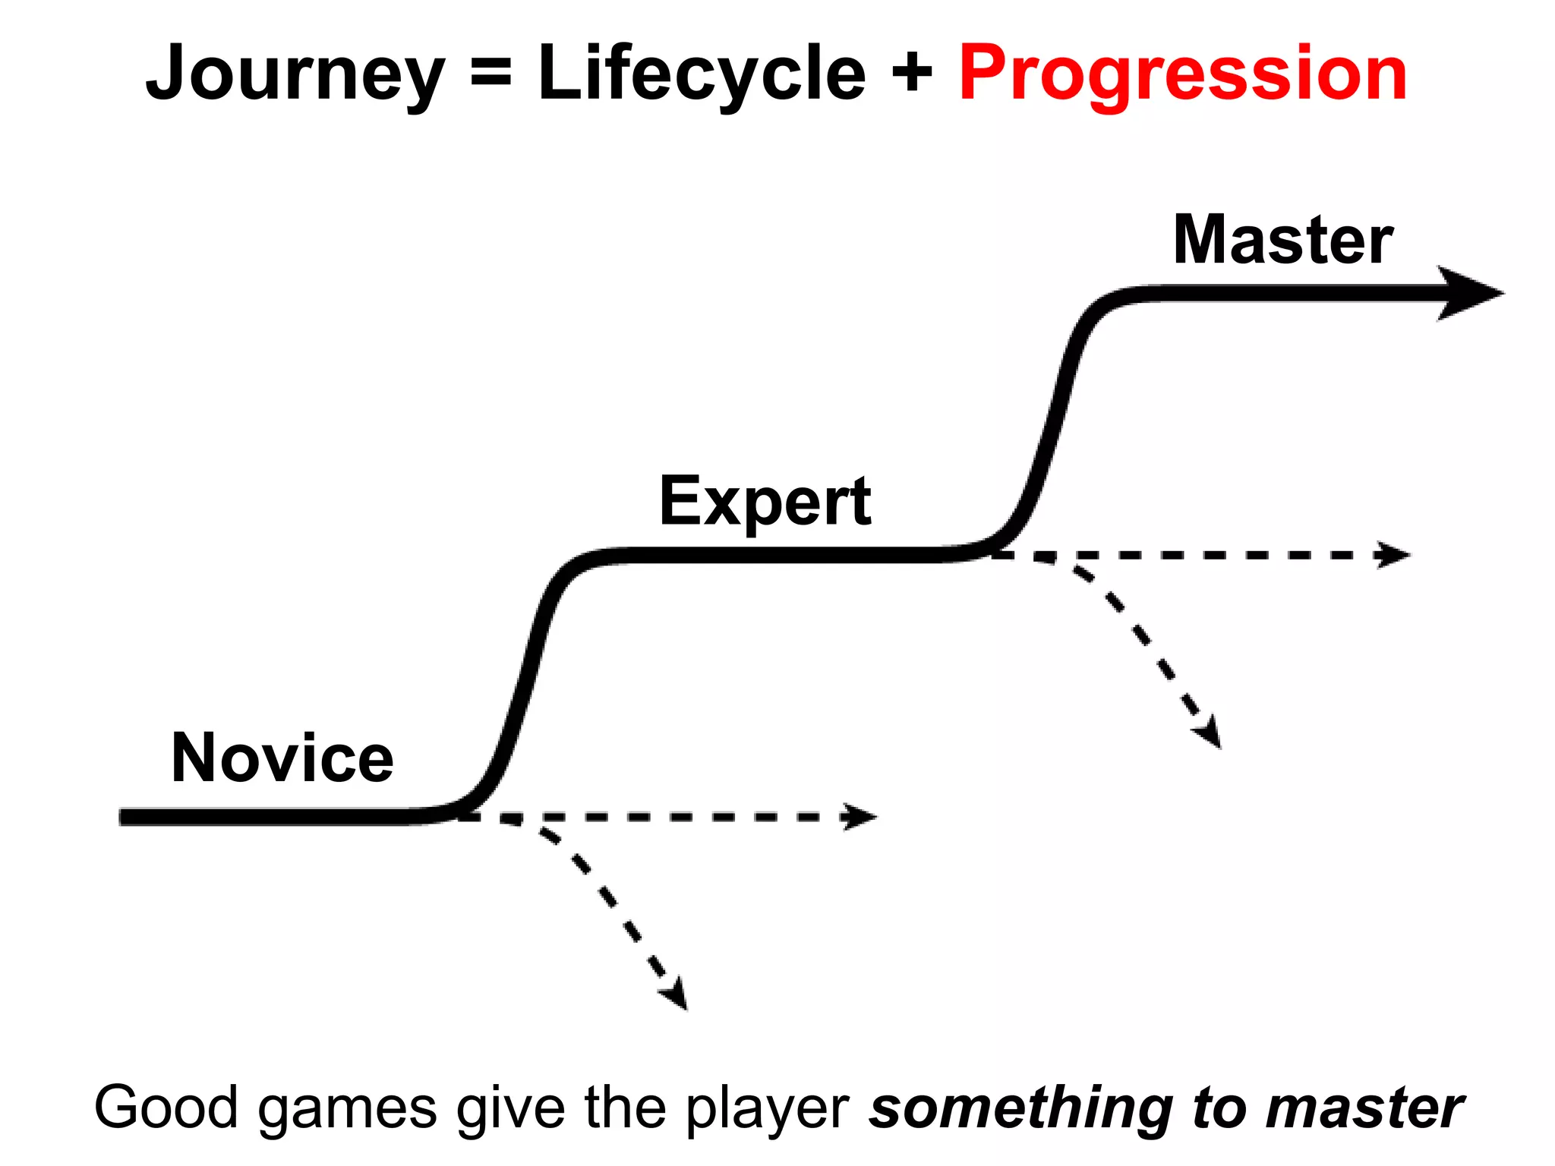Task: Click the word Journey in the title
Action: point(295,74)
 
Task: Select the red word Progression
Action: point(1182,73)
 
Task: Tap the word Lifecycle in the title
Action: point(702,73)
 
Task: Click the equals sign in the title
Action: point(491,74)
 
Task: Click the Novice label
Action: point(282,758)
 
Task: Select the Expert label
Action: point(765,501)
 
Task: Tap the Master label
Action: point(1283,240)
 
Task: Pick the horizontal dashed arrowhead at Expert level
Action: point(1394,555)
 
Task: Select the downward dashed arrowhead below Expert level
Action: point(1209,733)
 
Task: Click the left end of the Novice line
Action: point(126,817)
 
